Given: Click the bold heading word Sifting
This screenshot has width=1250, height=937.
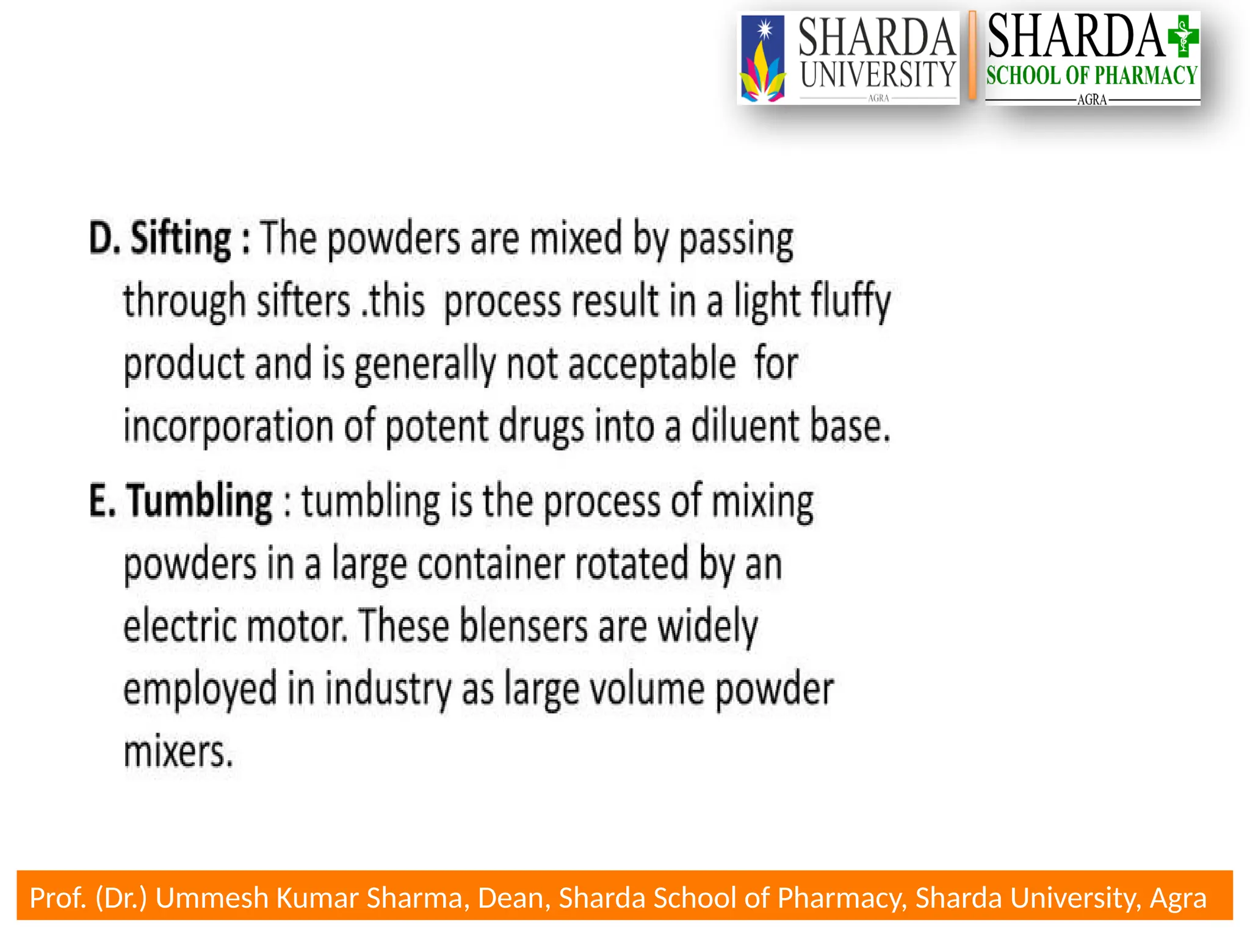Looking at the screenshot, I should point(181,239).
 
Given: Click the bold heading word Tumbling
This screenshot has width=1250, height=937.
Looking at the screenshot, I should point(200,501).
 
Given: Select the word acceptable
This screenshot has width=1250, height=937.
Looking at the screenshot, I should point(652,364).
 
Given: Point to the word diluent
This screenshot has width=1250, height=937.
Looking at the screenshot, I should point(745,426).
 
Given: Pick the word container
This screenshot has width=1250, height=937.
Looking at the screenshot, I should point(491,564).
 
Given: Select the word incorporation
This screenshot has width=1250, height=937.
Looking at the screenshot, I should point(228,426).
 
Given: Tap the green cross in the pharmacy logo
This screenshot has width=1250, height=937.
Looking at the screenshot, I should point(1183,37).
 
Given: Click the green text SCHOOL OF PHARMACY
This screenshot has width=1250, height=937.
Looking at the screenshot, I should point(1091,76).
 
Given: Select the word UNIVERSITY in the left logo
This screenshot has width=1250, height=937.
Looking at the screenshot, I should point(878,74).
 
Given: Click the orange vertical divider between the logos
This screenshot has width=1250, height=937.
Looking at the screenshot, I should point(972,56).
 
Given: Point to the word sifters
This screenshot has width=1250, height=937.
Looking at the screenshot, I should point(303,302).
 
